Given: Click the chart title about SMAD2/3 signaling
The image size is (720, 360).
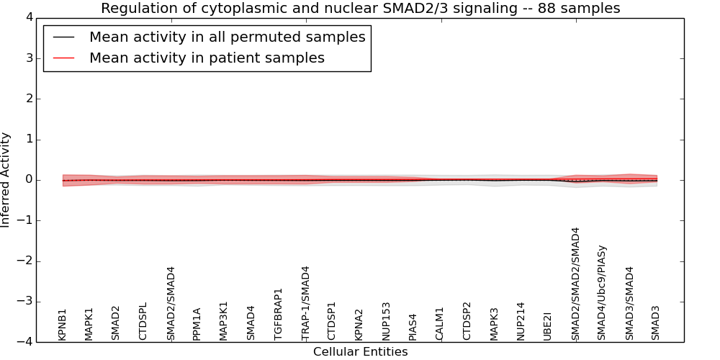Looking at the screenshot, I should tap(360, 9).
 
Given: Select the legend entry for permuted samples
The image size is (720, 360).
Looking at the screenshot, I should tap(227, 37).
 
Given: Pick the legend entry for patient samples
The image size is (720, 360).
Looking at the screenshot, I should tap(207, 58).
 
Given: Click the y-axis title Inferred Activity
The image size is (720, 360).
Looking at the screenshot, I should tap(6, 180).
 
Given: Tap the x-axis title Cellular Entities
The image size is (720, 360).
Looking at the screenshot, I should tap(360, 352).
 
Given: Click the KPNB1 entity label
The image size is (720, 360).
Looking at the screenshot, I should tap(63, 325).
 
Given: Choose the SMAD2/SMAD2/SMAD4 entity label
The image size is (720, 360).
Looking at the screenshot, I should tap(575, 284).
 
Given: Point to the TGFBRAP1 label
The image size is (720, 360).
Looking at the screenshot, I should tap(279, 314).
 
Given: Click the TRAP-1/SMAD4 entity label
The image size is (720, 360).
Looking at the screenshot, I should tap(305, 303).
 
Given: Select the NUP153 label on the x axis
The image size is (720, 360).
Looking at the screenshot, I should tap(387, 321).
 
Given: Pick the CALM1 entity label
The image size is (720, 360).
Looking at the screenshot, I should tap(440, 324).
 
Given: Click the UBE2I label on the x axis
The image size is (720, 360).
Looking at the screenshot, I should tap(548, 326).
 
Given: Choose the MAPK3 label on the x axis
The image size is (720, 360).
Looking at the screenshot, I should tap(495, 324).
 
